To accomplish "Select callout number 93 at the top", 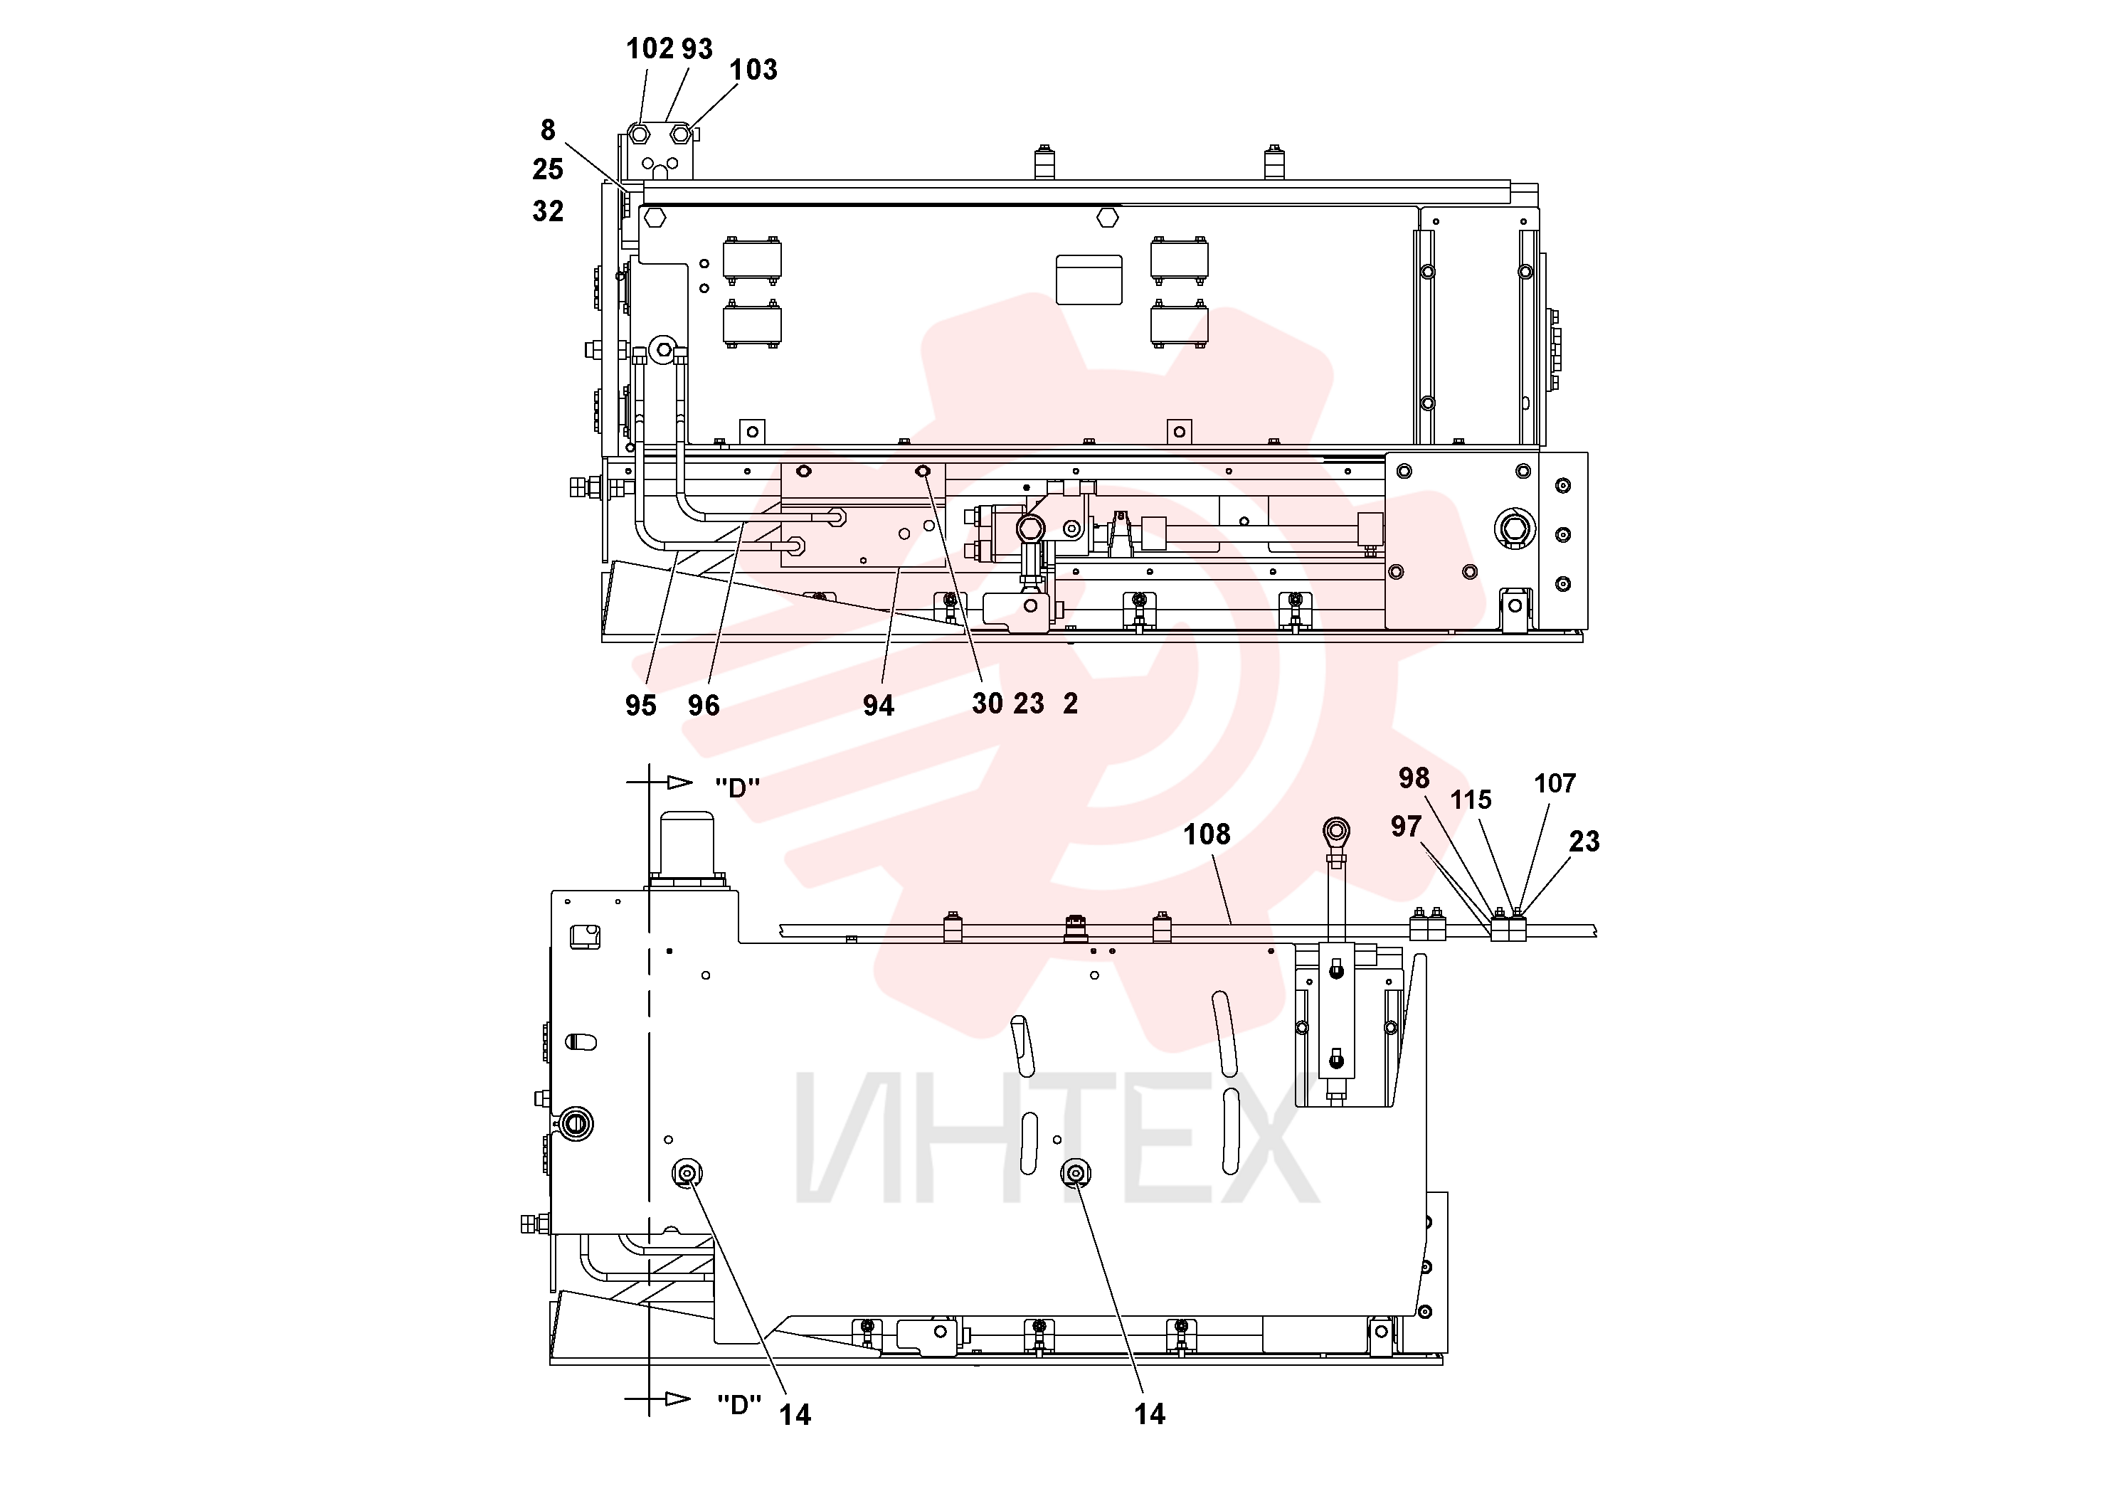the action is tap(697, 49).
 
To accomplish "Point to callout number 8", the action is tap(548, 130).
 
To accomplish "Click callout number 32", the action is tap(548, 211).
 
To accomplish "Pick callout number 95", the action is tap(641, 706).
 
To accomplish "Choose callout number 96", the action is tap(704, 706).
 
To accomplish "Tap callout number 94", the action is tap(878, 706).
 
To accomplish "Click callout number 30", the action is tap(987, 704).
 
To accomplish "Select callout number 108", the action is tap(1207, 834).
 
